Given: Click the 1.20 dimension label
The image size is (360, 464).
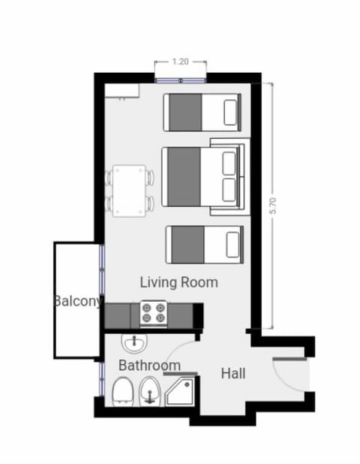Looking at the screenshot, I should coord(179,62).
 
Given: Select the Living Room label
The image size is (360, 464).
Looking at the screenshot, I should coord(179,282).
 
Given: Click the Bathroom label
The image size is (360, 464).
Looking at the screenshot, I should coord(149,366).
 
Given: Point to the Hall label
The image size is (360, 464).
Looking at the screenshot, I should coord(233,372).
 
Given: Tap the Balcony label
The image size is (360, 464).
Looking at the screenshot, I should coord(77,302).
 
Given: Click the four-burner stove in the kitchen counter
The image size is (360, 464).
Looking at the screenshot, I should coord(154,313).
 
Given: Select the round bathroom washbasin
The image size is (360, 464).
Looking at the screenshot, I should coord(133,343).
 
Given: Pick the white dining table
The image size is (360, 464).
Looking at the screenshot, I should coord(129,191).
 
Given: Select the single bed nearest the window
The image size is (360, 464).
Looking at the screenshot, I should coord(202,112).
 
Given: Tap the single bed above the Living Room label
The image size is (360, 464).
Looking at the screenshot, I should coord(205,244).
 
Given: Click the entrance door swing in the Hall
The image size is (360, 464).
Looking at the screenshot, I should coord(289,373).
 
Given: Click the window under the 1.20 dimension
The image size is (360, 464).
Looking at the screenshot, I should coord(180,77).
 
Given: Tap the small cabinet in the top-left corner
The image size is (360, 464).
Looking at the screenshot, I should coord(121,91).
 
